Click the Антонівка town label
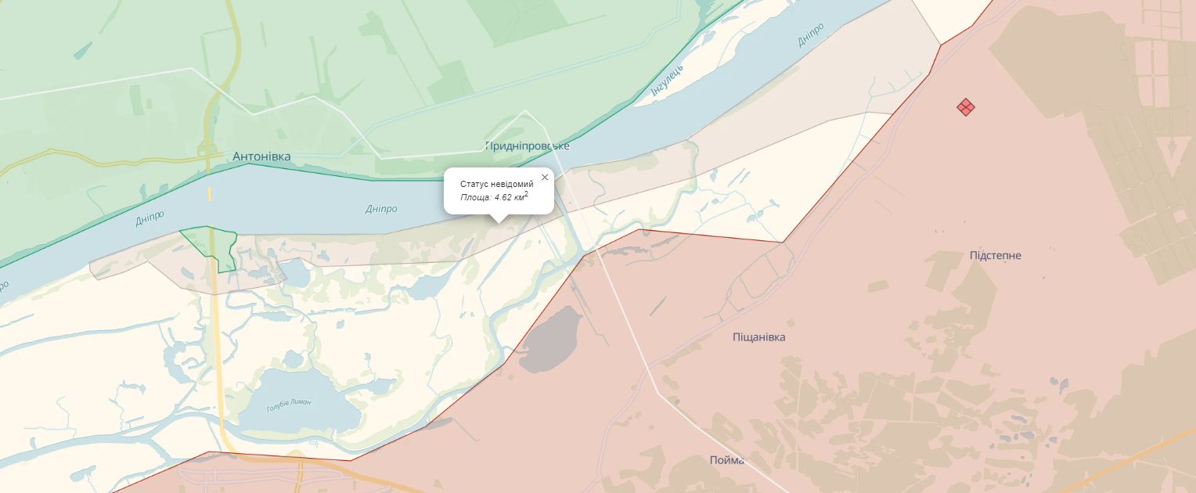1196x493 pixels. [x=261, y=157]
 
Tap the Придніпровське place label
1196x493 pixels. [x=528, y=146]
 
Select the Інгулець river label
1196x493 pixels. [x=668, y=81]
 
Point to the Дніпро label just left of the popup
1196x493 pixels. [x=381, y=209]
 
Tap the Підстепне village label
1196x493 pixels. [x=995, y=256]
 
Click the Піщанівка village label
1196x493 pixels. [x=758, y=337]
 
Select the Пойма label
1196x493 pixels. [x=726, y=460]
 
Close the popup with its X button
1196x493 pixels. [x=545, y=177]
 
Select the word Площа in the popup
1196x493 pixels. [x=474, y=197]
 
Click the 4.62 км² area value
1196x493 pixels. [x=511, y=196]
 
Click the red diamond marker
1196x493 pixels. [x=966, y=107]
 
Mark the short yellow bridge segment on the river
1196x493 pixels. [x=209, y=194]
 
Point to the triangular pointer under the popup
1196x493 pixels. [x=499, y=218]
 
